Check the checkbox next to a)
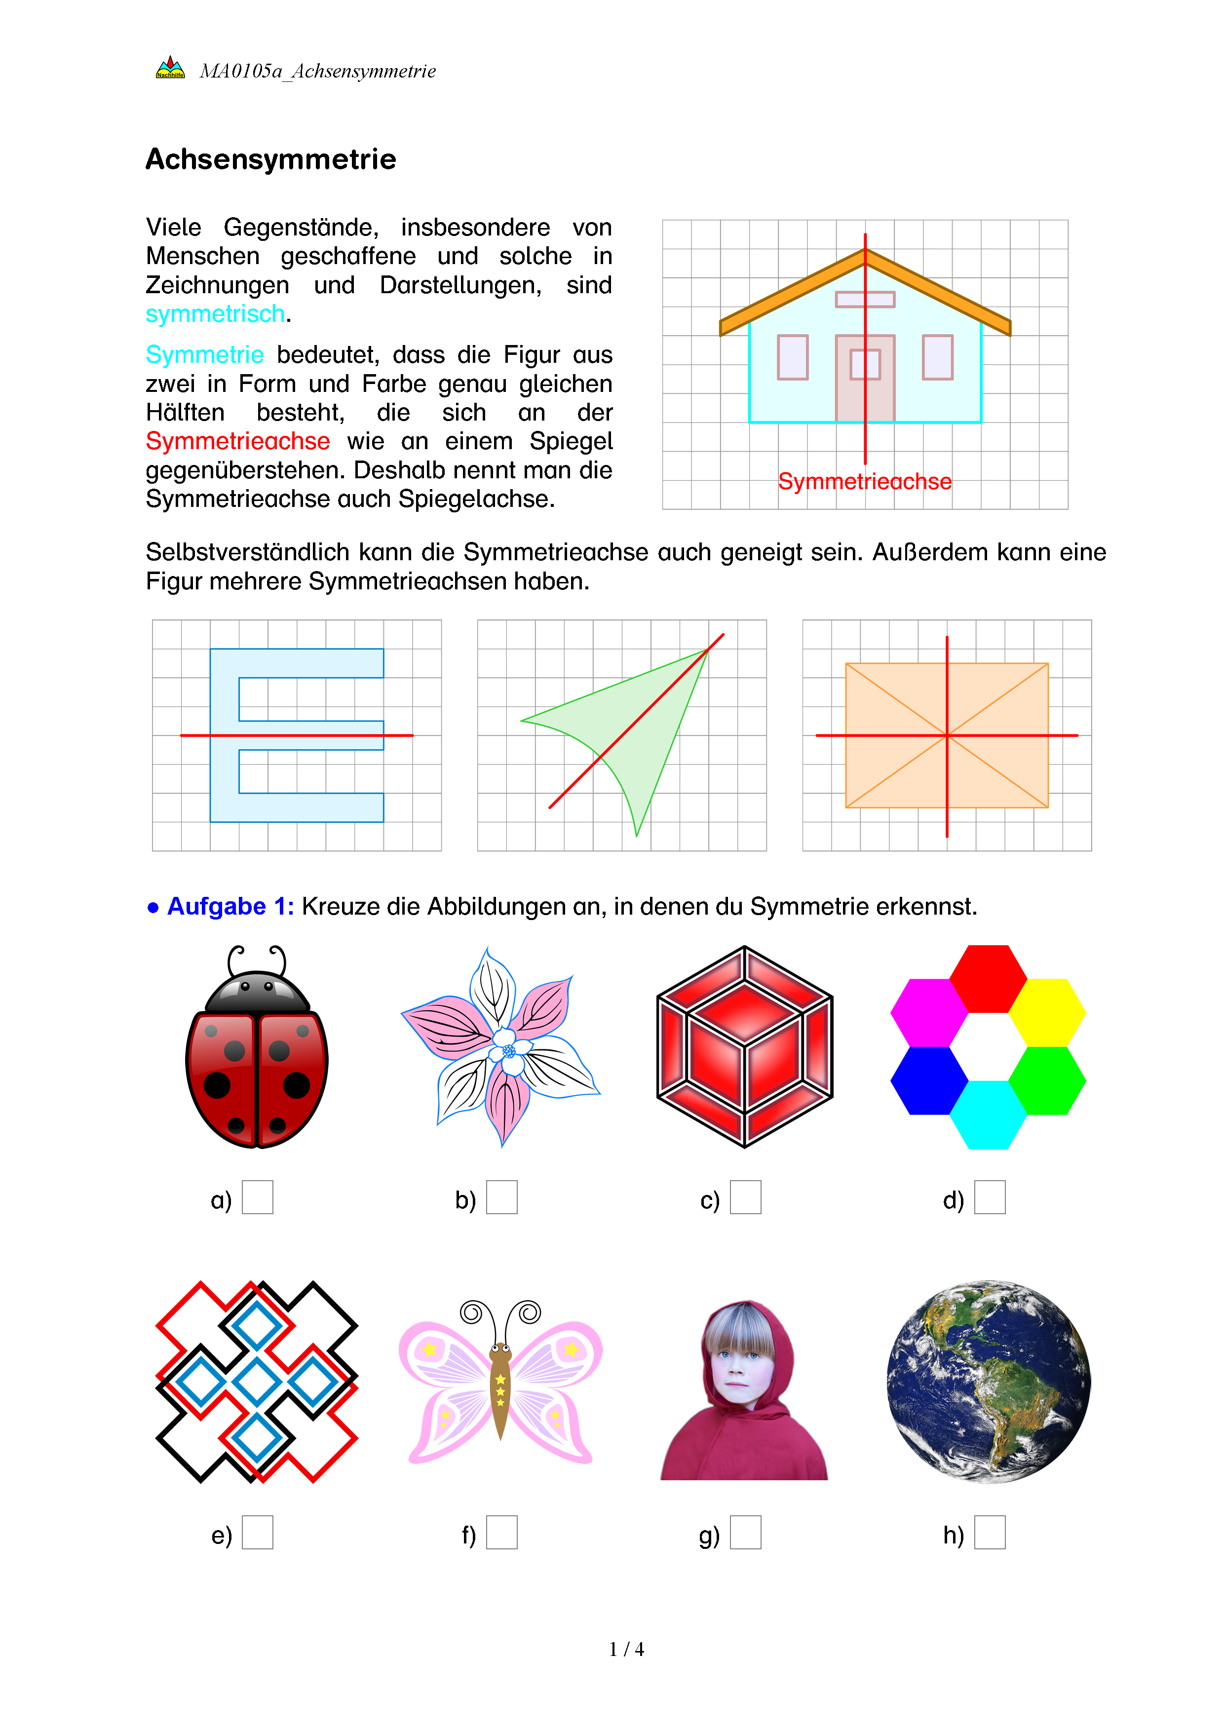pyautogui.click(x=257, y=1197)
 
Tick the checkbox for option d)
pyautogui.click(x=990, y=1197)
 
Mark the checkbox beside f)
pyautogui.click(x=501, y=1532)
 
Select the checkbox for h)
pyautogui.click(x=990, y=1532)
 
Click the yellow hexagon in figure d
pyautogui.click(x=1047, y=1012)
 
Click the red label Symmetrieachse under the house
pyautogui.click(x=865, y=481)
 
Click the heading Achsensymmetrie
pyautogui.click(x=270, y=159)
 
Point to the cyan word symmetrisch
pyautogui.click(x=216, y=313)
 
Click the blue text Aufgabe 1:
pyautogui.click(x=230, y=906)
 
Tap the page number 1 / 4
pyautogui.click(x=626, y=1650)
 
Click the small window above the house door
pyautogui.click(x=865, y=299)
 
